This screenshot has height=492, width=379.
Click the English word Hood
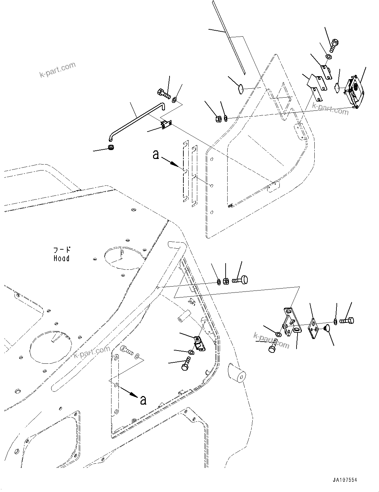click(62, 258)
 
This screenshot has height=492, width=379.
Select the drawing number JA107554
click(343, 480)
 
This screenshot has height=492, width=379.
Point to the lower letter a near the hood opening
click(143, 399)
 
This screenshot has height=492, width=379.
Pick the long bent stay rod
click(137, 120)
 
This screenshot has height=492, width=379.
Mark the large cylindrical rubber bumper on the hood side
click(237, 373)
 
